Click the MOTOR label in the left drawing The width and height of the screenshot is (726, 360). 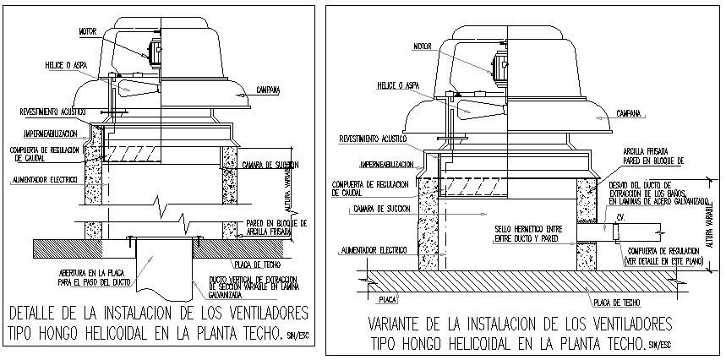click(88, 31)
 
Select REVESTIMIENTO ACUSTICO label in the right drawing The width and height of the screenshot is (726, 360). click(373, 138)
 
